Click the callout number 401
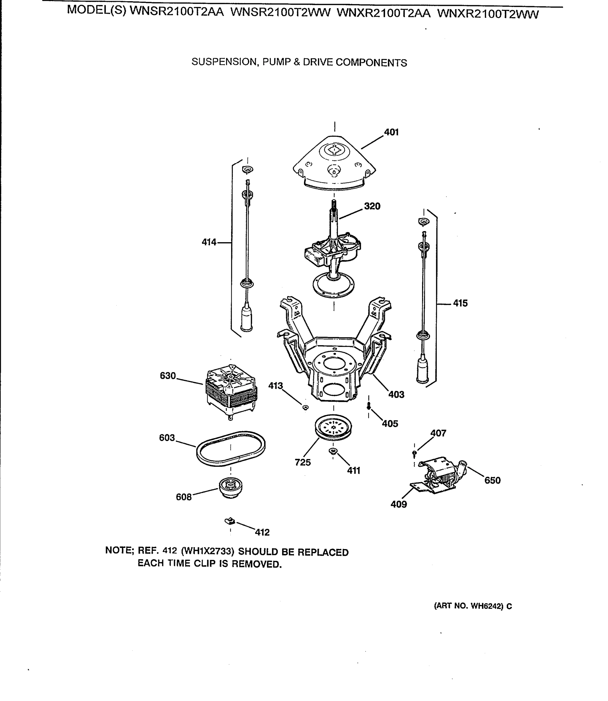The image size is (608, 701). click(391, 132)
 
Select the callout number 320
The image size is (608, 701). click(372, 206)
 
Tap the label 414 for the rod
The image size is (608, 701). click(209, 242)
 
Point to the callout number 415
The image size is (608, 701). click(460, 303)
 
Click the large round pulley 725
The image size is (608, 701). click(333, 427)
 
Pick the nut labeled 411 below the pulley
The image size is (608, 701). click(333, 451)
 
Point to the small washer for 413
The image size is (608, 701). click(305, 407)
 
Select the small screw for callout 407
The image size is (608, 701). click(414, 453)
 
